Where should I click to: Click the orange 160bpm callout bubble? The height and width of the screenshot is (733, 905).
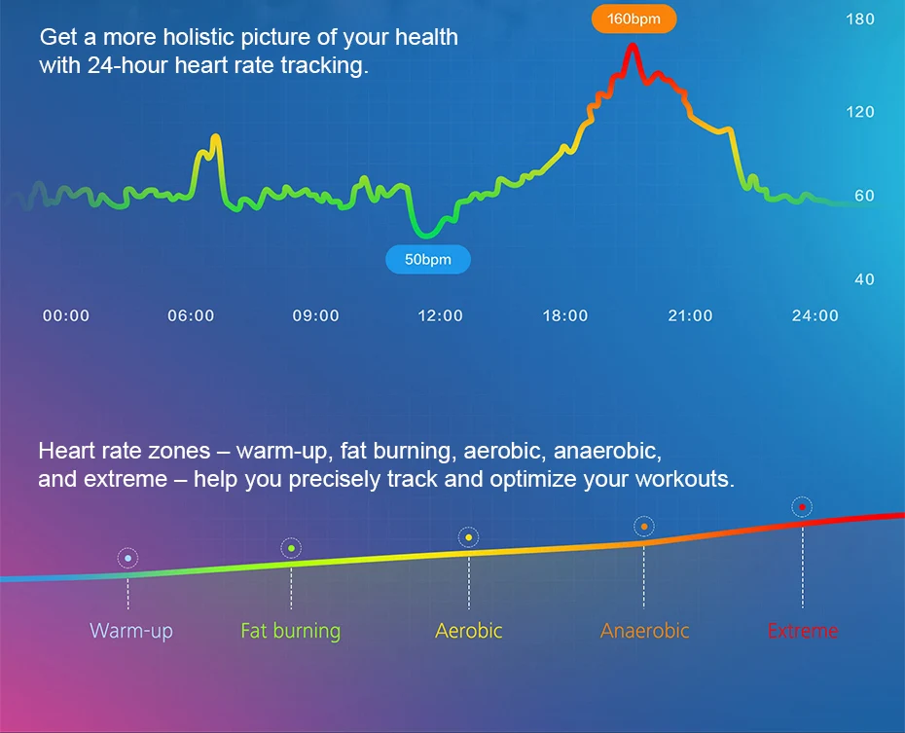click(x=633, y=19)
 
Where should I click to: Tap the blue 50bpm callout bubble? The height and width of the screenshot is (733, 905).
click(x=427, y=259)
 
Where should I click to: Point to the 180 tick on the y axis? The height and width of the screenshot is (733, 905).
click(x=860, y=19)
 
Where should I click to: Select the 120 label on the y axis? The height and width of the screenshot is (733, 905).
click(x=860, y=112)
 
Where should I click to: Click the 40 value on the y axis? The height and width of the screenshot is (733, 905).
click(x=864, y=279)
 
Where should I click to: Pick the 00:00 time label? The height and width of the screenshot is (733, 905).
click(x=66, y=315)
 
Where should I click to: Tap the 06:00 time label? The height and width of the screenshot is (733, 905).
click(x=191, y=315)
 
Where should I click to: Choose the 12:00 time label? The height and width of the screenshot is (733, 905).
click(x=441, y=315)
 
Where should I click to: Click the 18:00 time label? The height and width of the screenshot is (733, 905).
click(x=565, y=315)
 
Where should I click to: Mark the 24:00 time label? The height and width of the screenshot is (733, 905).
click(x=814, y=315)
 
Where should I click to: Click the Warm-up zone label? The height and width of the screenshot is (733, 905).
click(x=131, y=631)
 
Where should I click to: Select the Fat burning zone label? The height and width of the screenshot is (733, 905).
click(x=290, y=631)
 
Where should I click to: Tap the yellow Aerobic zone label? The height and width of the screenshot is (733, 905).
click(x=469, y=631)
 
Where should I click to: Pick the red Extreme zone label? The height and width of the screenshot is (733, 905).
click(x=803, y=631)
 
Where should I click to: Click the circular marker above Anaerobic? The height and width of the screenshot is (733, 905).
click(x=644, y=527)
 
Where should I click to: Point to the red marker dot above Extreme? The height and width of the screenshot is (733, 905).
click(x=802, y=507)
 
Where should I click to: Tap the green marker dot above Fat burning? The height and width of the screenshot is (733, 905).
click(x=292, y=548)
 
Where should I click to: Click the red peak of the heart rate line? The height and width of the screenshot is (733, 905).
click(x=633, y=46)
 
